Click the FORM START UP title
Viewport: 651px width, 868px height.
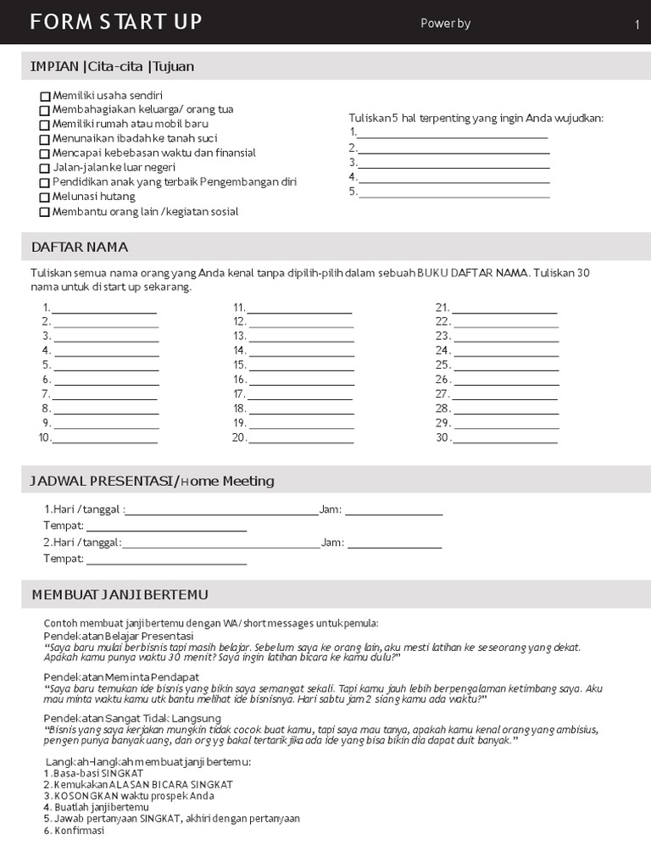click(116, 23)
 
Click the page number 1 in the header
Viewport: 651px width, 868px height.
click(637, 25)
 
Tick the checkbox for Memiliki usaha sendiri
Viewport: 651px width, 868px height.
click(45, 96)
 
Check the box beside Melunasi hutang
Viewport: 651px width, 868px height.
click(45, 198)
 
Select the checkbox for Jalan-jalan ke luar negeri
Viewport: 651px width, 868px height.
click(45, 169)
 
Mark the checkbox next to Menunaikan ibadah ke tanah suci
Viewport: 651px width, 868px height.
click(45, 139)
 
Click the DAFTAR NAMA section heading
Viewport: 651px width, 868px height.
click(80, 248)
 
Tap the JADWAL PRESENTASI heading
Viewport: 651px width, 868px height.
click(153, 481)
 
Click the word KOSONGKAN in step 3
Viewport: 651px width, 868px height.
click(85, 796)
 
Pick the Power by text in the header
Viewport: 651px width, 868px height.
click(445, 24)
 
